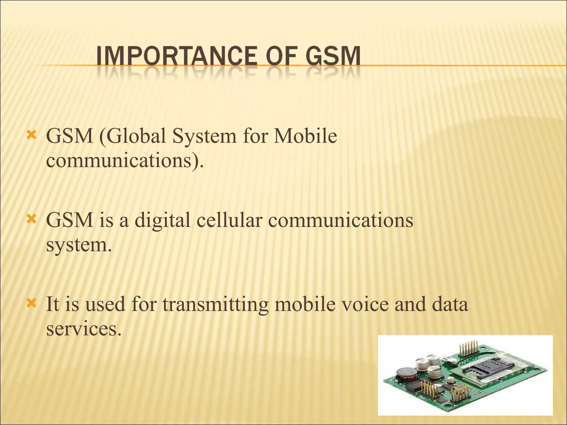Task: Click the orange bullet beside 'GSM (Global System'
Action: pos(31,135)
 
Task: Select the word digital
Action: pos(163,221)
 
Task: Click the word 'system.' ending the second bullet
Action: pos(79,245)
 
